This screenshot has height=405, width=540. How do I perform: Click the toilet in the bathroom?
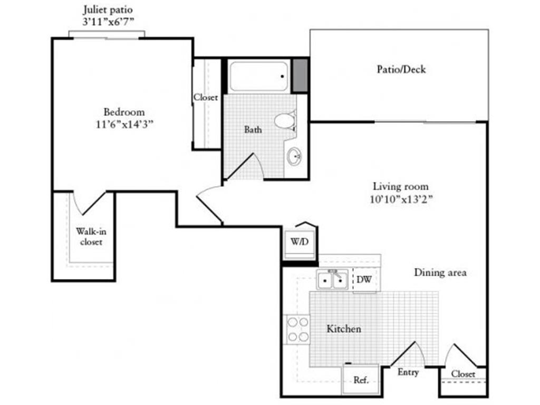pos(285,121)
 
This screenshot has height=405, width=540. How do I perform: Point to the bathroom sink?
pos(294,156)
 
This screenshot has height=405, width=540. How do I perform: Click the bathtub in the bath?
pos(259,76)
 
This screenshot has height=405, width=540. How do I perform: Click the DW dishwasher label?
pos(363,279)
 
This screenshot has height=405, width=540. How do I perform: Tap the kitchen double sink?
pos(332,279)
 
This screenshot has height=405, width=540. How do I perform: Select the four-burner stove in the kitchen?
pos(297,329)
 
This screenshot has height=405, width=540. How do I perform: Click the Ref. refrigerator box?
pos(361,379)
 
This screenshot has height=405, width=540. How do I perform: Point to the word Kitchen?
pos(344,329)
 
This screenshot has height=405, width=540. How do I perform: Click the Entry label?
pos(408,372)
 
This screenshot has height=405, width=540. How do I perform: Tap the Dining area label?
pos(440,273)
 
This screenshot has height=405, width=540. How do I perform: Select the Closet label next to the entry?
pos(463,374)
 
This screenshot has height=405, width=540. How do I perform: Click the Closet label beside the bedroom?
pos(206,98)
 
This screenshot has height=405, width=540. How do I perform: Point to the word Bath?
pos(253,129)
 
